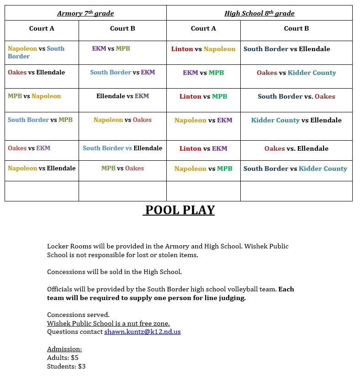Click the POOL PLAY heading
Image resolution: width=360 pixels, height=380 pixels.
[x=179, y=210]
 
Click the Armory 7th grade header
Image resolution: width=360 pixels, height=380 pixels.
[x=85, y=13]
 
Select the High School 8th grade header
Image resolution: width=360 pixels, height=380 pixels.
[x=259, y=13]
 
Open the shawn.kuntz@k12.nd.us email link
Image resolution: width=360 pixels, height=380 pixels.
[x=142, y=332]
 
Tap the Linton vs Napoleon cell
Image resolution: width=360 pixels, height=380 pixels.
[x=203, y=49]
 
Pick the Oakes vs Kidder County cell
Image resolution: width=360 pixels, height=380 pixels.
[x=296, y=73]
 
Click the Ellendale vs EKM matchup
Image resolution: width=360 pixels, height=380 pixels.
[x=122, y=96]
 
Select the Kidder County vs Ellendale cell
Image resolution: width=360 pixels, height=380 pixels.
[x=296, y=120]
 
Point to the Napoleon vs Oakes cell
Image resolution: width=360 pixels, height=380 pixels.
[x=122, y=120]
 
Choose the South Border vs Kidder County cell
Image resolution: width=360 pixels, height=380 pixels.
[x=295, y=169]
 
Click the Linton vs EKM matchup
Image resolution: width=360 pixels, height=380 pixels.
[x=203, y=148]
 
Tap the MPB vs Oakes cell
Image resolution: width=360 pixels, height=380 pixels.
[x=122, y=168]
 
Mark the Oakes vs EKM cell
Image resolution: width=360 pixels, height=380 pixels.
[x=29, y=148]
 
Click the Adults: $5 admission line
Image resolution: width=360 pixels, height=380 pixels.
[x=63, y=358]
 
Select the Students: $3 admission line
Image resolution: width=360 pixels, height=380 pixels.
[x=66, y=366]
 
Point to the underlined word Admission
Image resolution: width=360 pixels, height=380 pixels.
[x=64, y=349]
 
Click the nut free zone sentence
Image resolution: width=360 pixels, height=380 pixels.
[x=108, y=323]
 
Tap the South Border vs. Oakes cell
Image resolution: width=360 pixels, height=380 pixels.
[x=296, y=96]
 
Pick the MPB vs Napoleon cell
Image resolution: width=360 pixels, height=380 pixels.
[x=34, y=96]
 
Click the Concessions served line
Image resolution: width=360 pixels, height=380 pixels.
[x=78, y=315]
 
